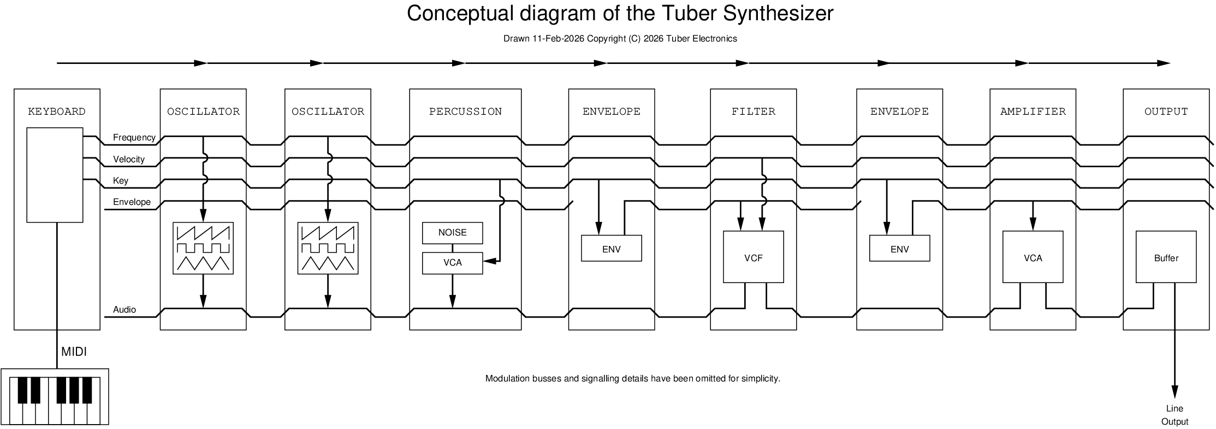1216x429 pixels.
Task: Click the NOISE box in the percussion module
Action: click(452, 233)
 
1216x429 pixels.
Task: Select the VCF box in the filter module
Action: click(753, 257)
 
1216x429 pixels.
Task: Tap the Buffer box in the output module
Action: click(1166, 257)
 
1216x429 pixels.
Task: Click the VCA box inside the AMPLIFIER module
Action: click(1033, 257)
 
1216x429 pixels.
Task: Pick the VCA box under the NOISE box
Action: click(452, 263)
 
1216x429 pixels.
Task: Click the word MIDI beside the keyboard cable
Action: click(74, 352)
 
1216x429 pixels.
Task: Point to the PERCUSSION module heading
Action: click(465, 111)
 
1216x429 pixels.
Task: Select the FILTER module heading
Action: click(753, 111)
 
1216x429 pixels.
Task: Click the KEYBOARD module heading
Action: click(57, 111)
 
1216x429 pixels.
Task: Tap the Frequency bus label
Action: click(134, 138)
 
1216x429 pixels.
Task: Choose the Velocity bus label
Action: click(128, 160)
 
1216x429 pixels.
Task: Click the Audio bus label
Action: click(124, 310)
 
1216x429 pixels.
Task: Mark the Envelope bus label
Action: click(132, 202)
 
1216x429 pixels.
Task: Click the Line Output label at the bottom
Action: click(1175, 415)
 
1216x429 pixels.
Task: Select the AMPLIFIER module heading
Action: click(1033, 111)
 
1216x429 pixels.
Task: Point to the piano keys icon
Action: click(55, 397)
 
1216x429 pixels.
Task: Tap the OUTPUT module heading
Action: click(1166, 111)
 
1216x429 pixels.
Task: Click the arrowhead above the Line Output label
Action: click(1175, 392)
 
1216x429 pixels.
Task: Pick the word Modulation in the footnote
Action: click(506, 379)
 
